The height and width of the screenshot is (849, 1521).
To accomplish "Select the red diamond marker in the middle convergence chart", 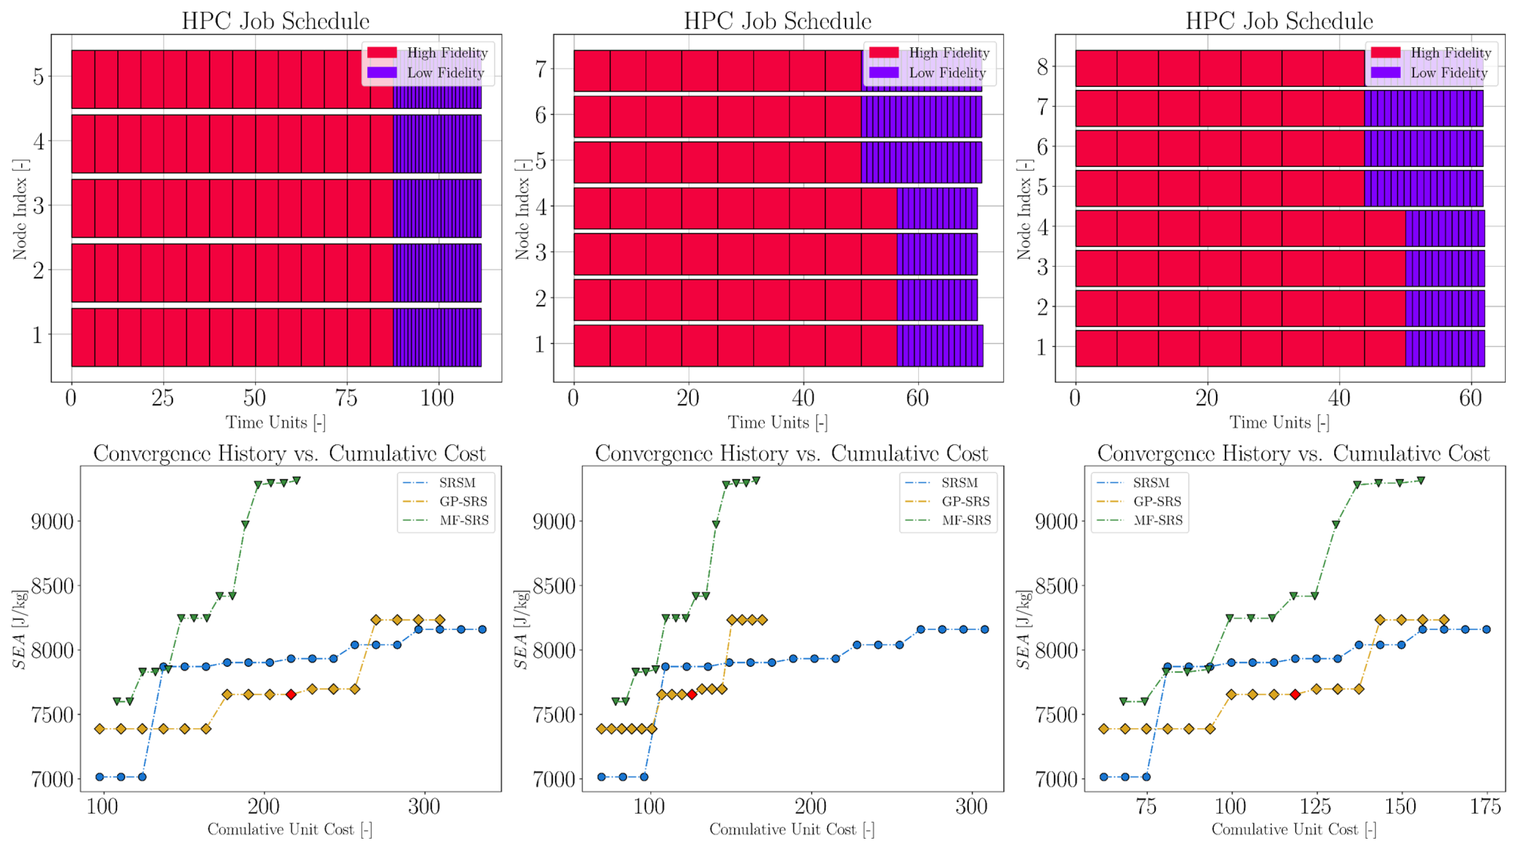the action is [691, 694].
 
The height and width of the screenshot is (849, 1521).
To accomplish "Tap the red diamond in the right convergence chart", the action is [1295, 694].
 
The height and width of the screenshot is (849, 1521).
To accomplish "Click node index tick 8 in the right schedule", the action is [1043, 67].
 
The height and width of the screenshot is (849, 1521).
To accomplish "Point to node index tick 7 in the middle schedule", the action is [540, 69].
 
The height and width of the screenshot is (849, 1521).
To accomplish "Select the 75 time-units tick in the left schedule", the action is [346, 398].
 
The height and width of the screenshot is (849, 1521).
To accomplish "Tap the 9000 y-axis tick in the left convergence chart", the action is [52, 522].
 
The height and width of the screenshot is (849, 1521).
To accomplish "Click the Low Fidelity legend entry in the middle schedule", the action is [928, 73].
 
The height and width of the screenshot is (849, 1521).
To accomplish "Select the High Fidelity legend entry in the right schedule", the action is [1431, 53].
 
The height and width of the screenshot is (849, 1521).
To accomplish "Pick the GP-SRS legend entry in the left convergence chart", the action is [446, 502].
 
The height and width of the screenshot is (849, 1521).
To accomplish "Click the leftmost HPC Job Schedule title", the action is [276, 21].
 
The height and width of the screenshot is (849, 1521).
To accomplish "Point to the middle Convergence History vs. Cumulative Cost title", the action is [791, 453].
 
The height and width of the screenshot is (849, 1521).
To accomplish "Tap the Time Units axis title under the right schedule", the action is [1279, 423].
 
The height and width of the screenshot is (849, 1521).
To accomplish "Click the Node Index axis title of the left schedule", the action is [20, 209].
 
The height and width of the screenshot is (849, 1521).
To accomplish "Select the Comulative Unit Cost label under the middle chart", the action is [792, 829].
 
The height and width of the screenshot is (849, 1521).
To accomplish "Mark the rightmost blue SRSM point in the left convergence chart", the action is [482, 629].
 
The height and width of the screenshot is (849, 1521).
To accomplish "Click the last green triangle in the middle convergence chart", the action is [756, 480].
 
